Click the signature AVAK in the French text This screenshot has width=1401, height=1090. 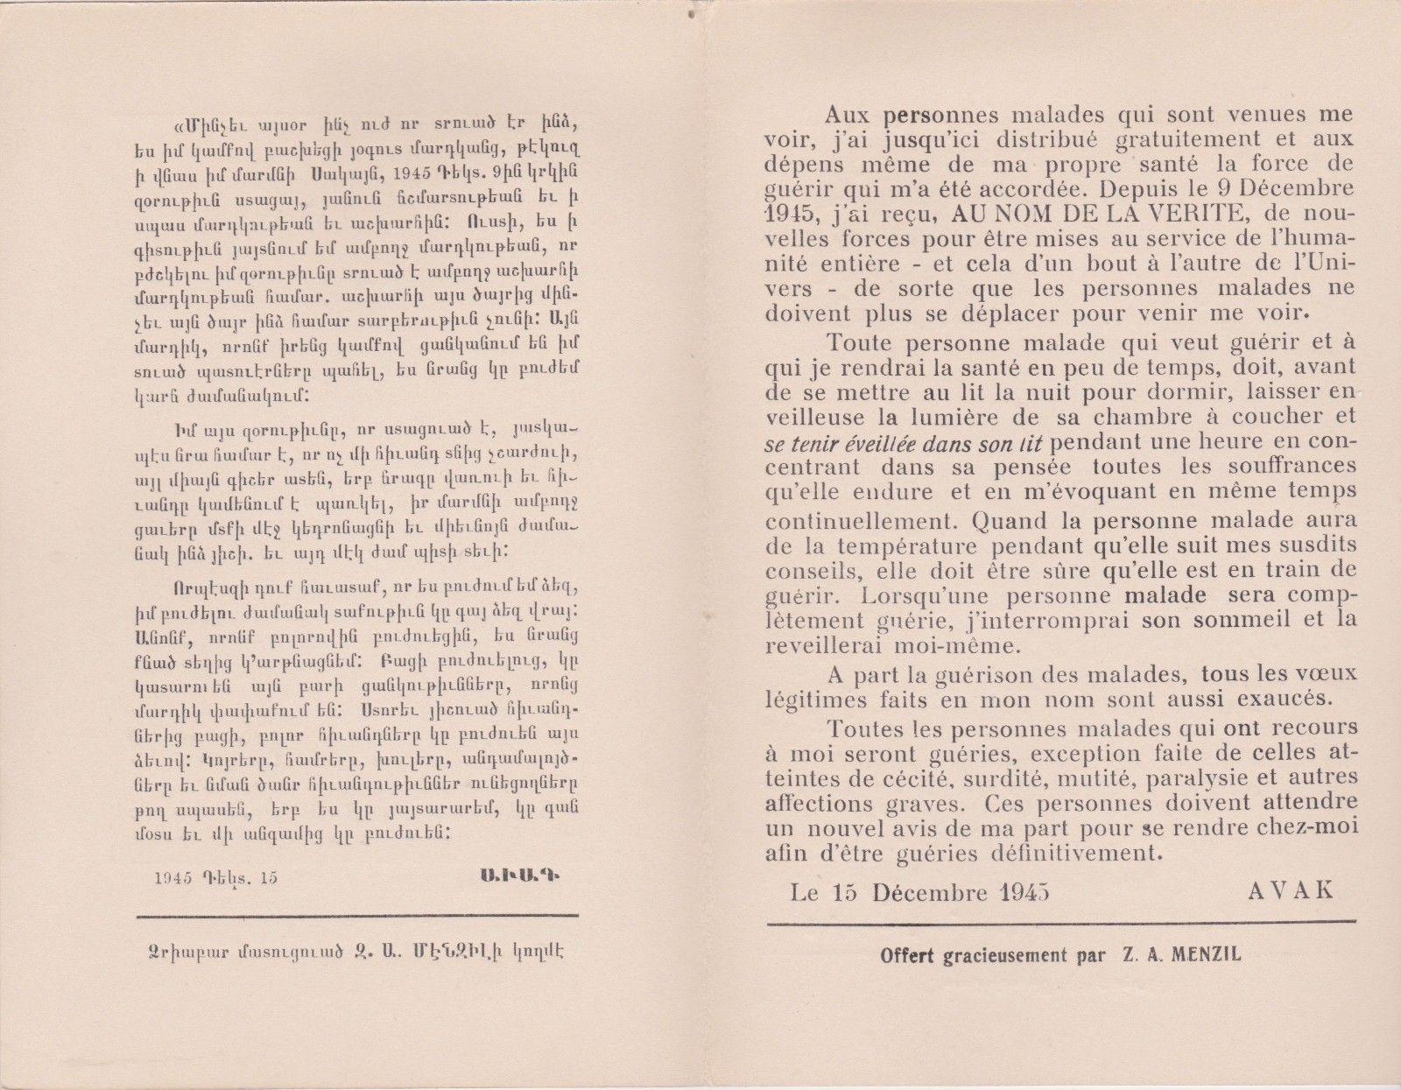click(x=1290, y=890)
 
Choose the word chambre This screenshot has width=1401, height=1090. click(x=1144, y=417)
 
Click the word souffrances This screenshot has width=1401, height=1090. click(x=1286, y=467)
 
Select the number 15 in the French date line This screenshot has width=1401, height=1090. click(x=845, y=892)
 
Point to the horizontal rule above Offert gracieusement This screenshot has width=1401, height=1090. click(x=1061, y=921)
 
